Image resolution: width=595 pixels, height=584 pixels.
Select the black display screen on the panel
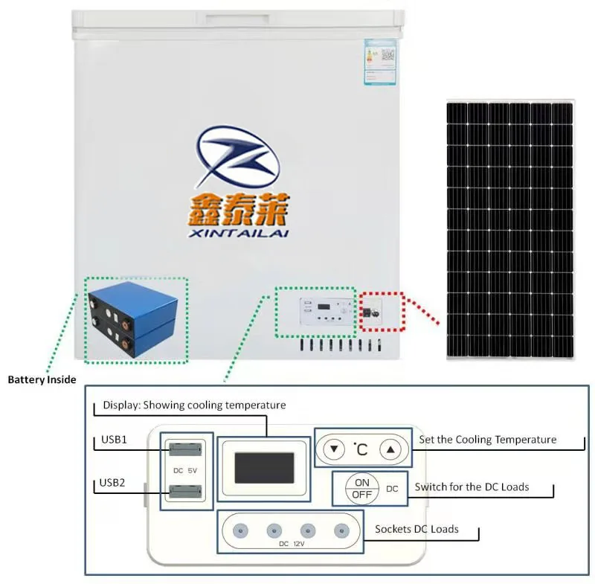[x=263, y=468]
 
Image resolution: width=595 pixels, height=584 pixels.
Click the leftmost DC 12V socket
[x=239, y=530]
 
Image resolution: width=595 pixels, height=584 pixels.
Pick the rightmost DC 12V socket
[x=341, y=530]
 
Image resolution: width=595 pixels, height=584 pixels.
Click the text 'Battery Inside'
[x=42, y=379]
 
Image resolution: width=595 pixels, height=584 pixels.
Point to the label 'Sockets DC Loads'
[x=416, y=529]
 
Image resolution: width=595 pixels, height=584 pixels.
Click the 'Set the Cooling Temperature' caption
[x=487, y=440]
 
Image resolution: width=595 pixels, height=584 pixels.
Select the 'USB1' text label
[x=113, y=440]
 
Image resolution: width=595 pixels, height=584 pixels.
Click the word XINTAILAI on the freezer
[x=239, y=233]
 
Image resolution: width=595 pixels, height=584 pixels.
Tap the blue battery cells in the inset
[x=135, y=320]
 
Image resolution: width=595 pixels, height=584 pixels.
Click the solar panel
[x=509, y=230]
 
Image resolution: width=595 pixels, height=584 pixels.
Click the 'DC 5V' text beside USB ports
[x=184, y=469]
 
